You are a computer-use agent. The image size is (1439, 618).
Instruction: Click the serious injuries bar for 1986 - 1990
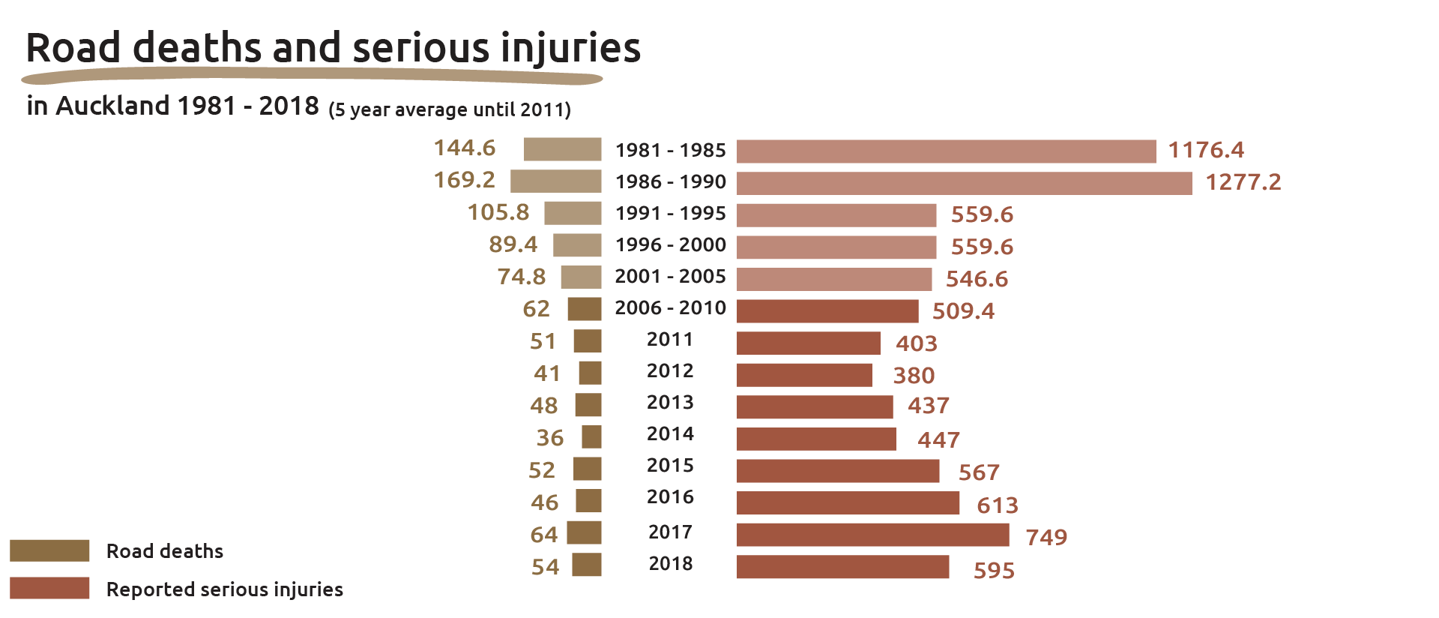[x=964, y=183]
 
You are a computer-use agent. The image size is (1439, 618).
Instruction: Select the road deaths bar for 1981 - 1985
[x=562, y=149]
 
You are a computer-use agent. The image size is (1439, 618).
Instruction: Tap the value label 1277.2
[x=1243, y=182]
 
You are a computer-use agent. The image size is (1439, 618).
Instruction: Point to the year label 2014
[x=670, y=433]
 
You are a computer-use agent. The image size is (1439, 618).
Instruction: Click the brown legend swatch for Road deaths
[x=49, y=550]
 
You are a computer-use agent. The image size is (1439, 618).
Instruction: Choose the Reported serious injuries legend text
[x=224, y=589]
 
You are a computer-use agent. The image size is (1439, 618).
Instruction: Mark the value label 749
[x=1046, y=537]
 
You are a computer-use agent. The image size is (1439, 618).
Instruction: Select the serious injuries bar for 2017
[x=872, y=535]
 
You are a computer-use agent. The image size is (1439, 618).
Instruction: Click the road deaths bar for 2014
[x=591, y=436]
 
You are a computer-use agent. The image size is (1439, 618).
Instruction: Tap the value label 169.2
[x=465, y=180]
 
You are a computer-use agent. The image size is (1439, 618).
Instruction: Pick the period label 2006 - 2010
[x=670, y=307]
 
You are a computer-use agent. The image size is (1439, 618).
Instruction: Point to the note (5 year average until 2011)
[x=450, y=110]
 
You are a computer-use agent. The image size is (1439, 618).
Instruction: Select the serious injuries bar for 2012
[x=804, y=375]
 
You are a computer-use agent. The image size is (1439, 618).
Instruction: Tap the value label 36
[x=549, y=438]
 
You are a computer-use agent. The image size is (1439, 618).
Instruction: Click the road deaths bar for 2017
[x=584, y=532]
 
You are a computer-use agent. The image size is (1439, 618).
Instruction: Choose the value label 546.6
[x=977, y=279]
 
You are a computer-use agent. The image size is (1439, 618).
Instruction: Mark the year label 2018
[x=670, y=563]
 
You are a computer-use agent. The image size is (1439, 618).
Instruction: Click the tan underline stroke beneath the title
[x=311, y=76]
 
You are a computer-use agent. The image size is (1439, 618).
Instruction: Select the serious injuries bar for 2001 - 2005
[x=833, y=279]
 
